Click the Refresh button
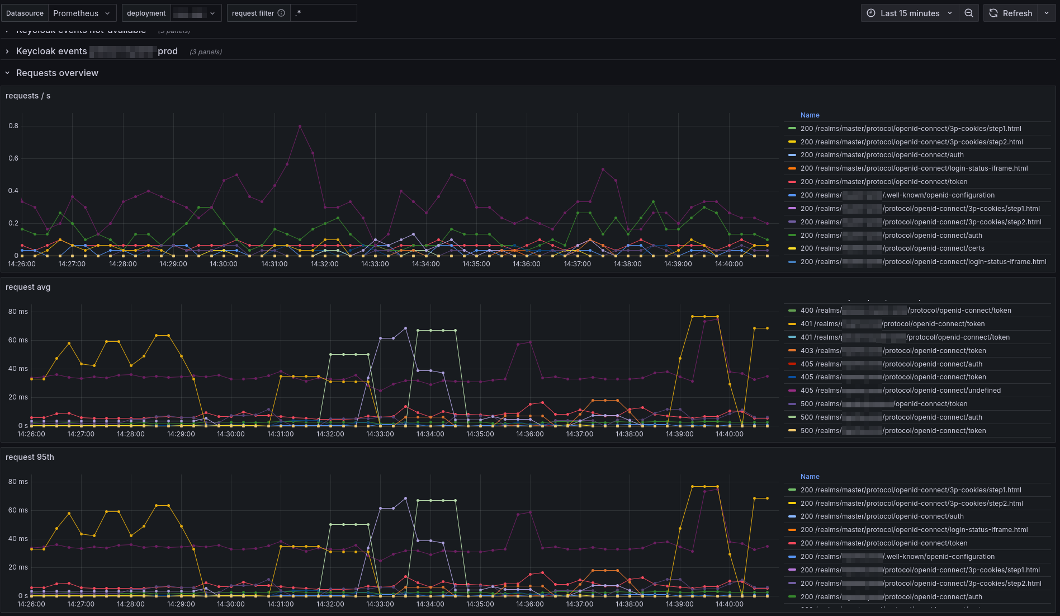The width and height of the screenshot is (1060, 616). pyautogui.click(x=1011, y=13)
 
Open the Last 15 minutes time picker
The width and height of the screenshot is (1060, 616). pyautogui.click(x=910, y=13)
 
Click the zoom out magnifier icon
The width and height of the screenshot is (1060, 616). pyautogui.click(x=969, y=13)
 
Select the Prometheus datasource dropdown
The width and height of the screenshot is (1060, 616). pyautogui.click(x=82, y=13)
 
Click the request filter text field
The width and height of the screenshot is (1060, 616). pyautogui.click(x=323, y=13)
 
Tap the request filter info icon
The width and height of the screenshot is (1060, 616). pyautogui.click(x=281, y=13)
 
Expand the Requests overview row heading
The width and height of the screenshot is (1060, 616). pyautogui.click(x=57, y=73)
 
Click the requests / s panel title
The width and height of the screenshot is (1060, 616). pyautogui.click(x=28, y=96)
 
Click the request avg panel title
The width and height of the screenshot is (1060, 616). pyautogui.click(x=28, y=288)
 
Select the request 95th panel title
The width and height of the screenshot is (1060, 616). pyautogui.click(x=30, y=458)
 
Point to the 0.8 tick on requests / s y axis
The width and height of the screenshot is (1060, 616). pyautogui.click(x=13, y=126)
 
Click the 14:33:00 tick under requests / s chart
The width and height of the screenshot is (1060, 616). pyautogui.click(x=375, y=264)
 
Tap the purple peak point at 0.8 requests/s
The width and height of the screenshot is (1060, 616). pyautogui.click(x=300, y=126)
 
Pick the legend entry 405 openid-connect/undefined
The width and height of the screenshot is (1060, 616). pyautogui.click(x=900, y=391)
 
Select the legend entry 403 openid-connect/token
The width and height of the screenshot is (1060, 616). pyautogui.click(x=893, y=351)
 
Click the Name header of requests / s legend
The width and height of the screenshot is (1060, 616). pyautogui.click(x=810, y=115)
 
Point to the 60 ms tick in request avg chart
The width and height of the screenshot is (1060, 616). pyautogui.click(x=18, y=340)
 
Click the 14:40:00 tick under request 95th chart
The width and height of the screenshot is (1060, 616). pyautogui.click(x=730, y=604)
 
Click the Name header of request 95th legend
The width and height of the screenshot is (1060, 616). pyautogui.click(x=810, y=477)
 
